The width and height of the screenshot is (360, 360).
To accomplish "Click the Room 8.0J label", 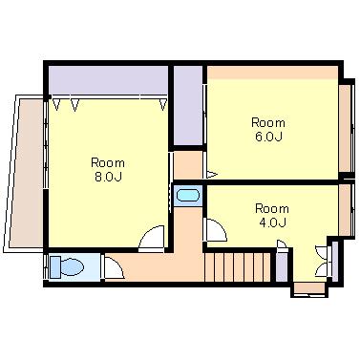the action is pos(108,169).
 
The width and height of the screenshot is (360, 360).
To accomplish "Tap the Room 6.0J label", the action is pos(268,129).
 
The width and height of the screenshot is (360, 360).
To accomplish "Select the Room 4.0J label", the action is pos(272,216).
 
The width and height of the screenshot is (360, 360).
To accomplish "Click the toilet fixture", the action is pos(68,266).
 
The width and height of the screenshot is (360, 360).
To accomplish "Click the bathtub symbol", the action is pos(188,196).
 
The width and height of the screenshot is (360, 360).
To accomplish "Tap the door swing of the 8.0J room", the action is pos(152,237).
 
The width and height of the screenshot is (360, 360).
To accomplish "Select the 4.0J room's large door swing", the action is pos(217,230).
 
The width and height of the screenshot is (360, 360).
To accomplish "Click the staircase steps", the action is pos(237,266).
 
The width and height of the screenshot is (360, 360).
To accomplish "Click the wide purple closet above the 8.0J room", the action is pos(108,79).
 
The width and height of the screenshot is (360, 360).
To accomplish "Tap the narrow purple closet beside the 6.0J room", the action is pos(188,105).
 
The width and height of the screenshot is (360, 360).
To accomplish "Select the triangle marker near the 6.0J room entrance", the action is pos(212,175).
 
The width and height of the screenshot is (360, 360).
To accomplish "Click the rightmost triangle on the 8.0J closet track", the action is pos(163,104).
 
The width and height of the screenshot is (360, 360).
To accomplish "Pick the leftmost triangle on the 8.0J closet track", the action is pos(56,104).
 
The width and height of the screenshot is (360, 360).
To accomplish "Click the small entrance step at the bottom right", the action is pos(309,288).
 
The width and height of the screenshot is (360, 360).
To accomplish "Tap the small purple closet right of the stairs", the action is pos(282,266).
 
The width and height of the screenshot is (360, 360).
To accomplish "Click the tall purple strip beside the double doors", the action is pos(335,262).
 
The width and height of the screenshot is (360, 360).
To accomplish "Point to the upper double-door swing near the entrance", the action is pos(321,252).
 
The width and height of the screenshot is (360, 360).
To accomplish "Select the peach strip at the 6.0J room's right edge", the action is pos(345,128).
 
